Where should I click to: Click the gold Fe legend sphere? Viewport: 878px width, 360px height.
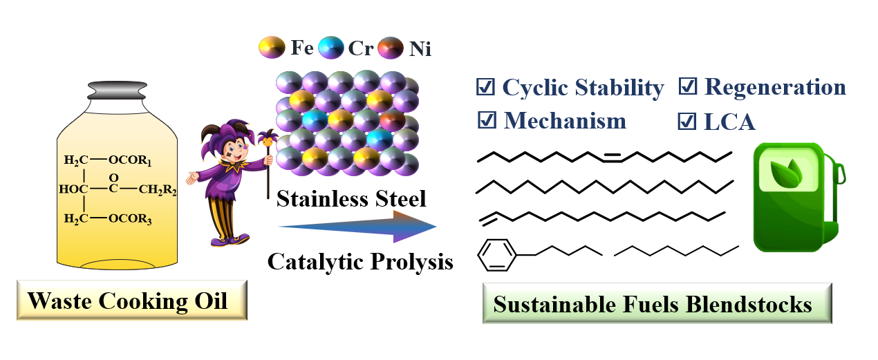point(269,47)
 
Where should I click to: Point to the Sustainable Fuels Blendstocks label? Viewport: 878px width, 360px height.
point(656,304)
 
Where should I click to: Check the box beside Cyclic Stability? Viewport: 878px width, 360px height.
point(486,87)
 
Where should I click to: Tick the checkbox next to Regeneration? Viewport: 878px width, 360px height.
point(687,87)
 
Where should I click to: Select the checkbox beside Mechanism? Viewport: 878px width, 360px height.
point(487,120)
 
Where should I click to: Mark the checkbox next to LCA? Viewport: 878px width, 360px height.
point(687,122)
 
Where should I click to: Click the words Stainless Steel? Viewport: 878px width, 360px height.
point(351,200)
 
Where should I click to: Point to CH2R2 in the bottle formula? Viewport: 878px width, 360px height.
point(158,190)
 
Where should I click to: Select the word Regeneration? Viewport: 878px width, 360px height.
point(775,87)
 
